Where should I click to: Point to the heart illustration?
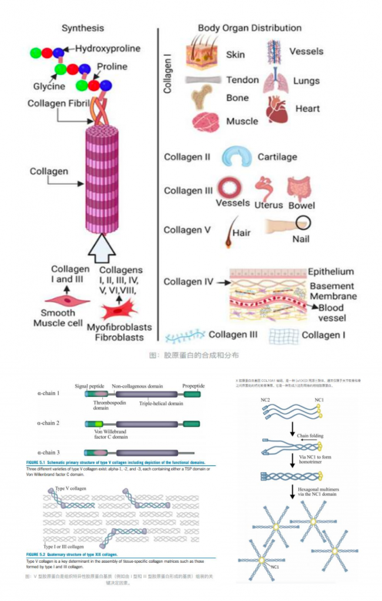(x=276, y=109)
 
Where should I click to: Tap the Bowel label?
(x=301, y=205)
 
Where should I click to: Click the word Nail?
(x=301, y=239)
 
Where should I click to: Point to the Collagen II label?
(x=187, y=158)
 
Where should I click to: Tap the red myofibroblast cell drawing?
(x=118, y=309)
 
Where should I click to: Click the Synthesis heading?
(x=82, y=28)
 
